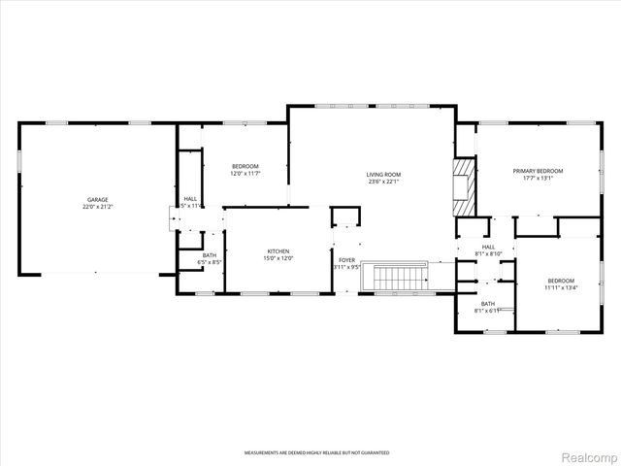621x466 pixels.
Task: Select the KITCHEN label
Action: (278, 251)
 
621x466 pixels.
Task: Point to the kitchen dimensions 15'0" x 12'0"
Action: (278, 258)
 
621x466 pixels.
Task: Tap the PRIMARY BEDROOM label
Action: (538, 171)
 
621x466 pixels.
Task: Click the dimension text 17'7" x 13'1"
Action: (538, 178)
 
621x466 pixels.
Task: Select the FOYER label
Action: (346, 260)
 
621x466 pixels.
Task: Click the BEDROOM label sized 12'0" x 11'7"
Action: (245, 166)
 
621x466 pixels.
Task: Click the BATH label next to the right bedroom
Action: (487, 304)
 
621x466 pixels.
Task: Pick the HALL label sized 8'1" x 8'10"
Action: (488, 247)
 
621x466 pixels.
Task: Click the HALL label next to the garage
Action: (191, 199)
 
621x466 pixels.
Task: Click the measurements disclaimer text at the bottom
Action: (316, 453)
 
